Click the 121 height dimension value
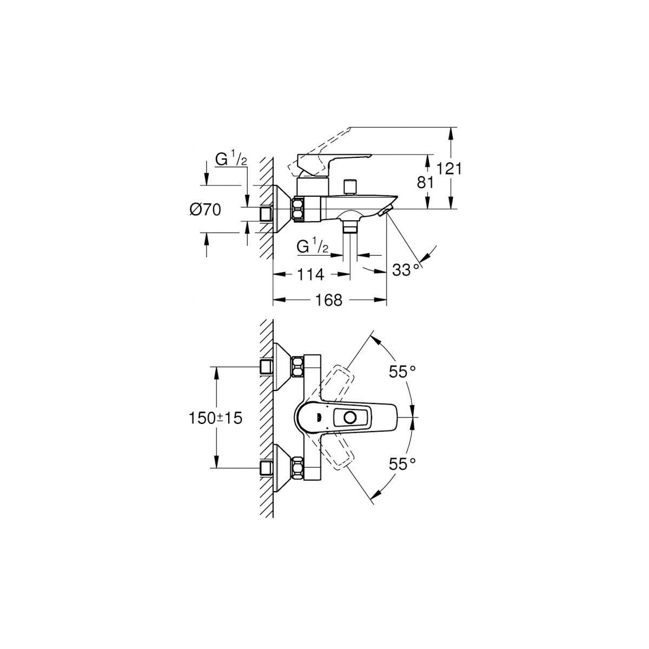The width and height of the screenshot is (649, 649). [448, 169]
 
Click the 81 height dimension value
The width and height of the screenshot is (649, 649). [425, 183]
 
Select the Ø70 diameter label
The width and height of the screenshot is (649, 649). [205, 210]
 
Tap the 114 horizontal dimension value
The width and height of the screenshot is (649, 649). [310, 275]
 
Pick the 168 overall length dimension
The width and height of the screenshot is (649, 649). [329, 300]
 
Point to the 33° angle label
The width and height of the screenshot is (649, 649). [407, 269]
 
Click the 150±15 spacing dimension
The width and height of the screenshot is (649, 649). [216, 418]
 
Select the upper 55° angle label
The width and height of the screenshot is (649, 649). [402, 372]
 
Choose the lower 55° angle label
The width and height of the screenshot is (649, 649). [402, 465]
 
